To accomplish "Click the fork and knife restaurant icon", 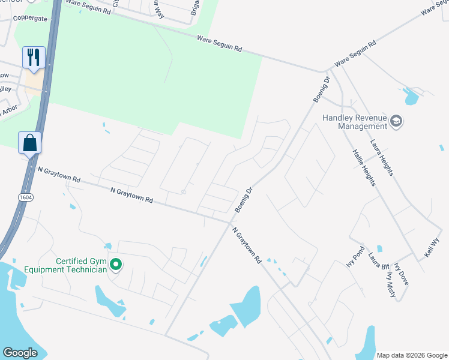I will click(33, 58).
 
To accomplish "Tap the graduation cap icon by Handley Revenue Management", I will click(396, 122).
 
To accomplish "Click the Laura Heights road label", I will click(382, 158).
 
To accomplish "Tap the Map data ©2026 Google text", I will click(411, 355).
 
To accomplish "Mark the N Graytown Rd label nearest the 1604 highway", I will click(59, 175).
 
